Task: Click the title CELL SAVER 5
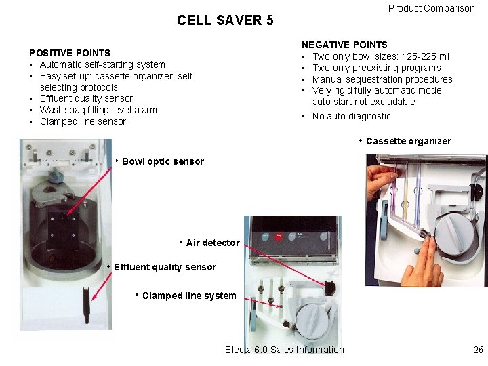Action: click(x=225, y=20)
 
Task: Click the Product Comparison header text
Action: click(x=431, y=8)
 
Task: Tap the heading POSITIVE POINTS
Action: click(x=69, y=53)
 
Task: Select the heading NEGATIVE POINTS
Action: click(x=344, y=45)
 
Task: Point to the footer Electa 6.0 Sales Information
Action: click(x=284, y=350)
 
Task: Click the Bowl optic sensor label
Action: click(x=163, y=161)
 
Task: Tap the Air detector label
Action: click(x=212, y=243)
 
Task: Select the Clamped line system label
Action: click(x=189, y=296)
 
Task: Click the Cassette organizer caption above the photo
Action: click(x=408, y=141)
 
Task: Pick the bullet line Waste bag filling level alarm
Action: click(x=98, y=110)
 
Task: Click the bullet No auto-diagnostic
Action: click(x=351, y=116)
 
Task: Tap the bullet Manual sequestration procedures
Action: click(x=382, y=79)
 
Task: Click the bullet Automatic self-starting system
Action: click(x=102, y=64)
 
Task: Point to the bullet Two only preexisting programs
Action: click(x=376, y=68)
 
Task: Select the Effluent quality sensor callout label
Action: click(x=165, y=267)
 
